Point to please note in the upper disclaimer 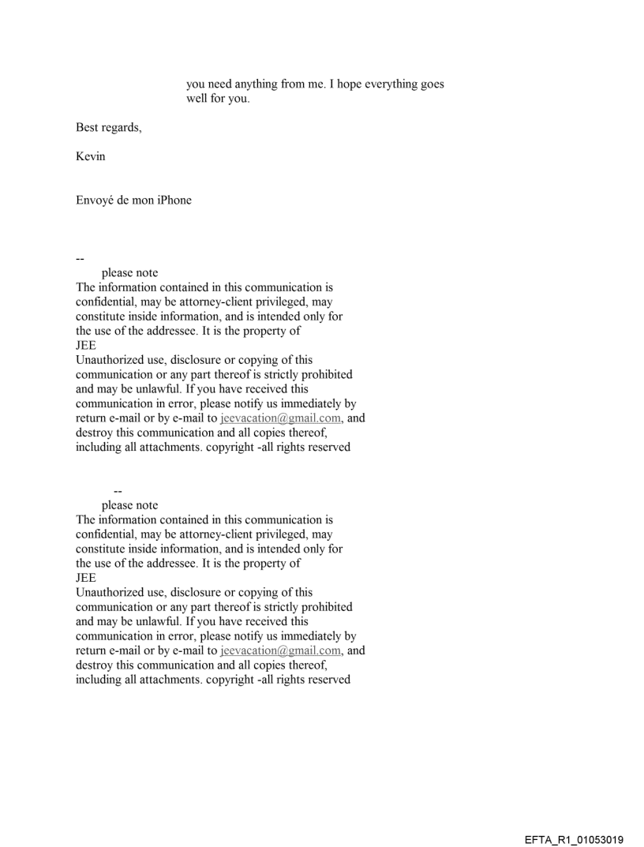point(129,273)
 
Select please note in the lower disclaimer point(129,505)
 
